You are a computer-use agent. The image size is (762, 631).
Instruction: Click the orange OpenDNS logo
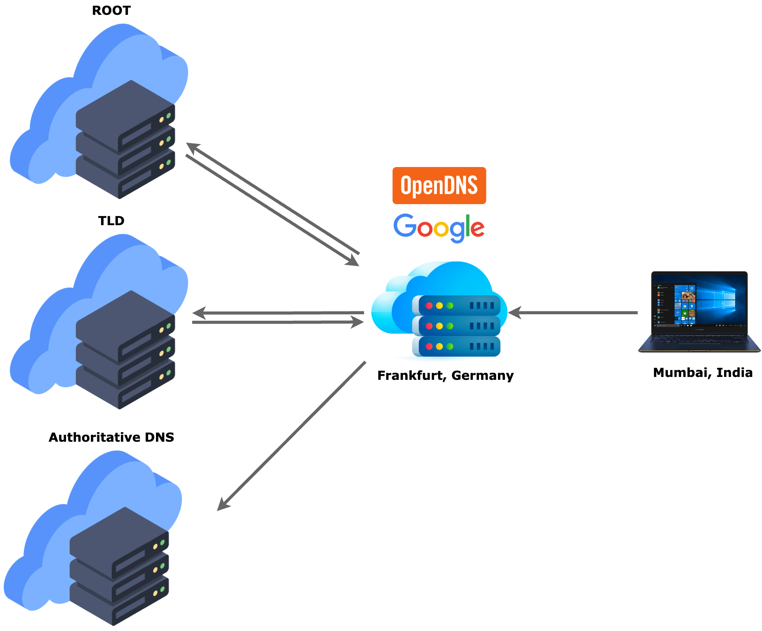(439, 186)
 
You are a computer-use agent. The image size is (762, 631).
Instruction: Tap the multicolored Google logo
(439, 227)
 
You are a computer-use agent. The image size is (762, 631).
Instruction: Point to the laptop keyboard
(699, 340)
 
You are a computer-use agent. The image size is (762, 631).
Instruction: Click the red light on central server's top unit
(429, 306)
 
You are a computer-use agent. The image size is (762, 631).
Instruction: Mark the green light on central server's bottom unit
(450, 346)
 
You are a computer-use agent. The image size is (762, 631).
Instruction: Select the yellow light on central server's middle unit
(439, 326)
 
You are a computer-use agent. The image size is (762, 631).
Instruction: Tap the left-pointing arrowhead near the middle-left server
(199, 313)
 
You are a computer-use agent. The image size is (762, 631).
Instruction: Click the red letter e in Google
(478, 228)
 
